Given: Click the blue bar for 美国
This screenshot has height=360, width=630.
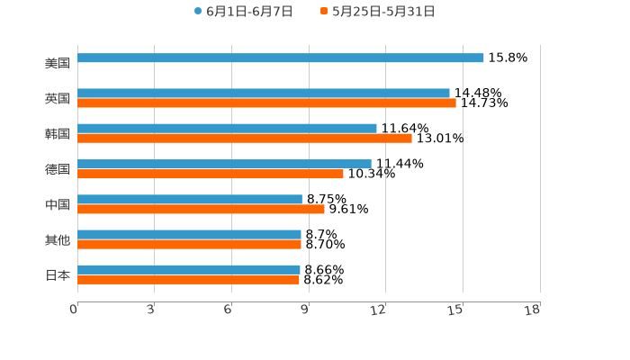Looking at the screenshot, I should click(x=281, y=58).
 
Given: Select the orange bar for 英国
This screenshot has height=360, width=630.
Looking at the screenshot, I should click(x=266, y=103).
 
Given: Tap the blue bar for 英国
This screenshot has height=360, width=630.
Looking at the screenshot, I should click(x=264, y=94).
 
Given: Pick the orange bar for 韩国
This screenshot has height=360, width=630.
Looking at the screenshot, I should click(x=245, y=139).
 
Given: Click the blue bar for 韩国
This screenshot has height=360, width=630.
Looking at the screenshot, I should click(x=227, y=129).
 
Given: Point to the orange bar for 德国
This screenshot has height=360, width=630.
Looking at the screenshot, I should click(x=211, y=174).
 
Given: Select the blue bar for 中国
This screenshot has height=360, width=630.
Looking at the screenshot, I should click(x=190, y=199).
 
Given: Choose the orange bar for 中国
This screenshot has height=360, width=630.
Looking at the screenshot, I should click(x=201, y=209).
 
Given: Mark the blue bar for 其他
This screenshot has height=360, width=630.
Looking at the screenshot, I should click(x=189, y=234).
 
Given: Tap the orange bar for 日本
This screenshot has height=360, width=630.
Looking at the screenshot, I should click(x=188, y=280).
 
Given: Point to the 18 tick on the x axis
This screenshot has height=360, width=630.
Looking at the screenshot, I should click(x=532, y=310).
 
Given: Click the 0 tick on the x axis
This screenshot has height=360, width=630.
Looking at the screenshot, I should click(x=74, y=310).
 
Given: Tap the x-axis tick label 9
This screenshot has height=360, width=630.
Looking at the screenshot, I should click(x=305, y=310).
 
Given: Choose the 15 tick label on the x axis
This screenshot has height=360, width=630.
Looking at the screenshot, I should click(x=455, y=310).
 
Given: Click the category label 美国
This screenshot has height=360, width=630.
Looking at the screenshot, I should click(x=58, y=64).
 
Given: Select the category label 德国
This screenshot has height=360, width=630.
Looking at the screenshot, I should click(x=58, y=169).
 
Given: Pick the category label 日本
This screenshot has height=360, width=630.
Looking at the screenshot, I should click(x=58, y=275).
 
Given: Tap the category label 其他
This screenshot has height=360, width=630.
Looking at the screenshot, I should click(x=58, y=240).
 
